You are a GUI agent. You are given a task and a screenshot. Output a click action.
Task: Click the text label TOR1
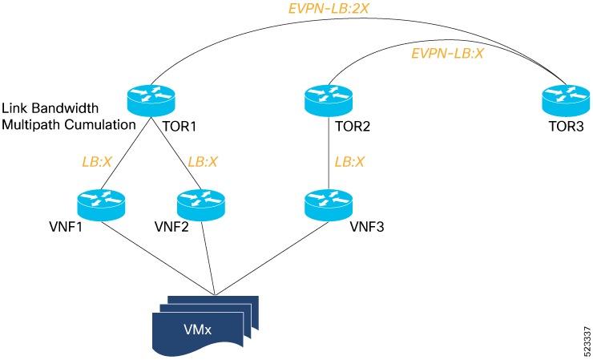click(x=180, y=127)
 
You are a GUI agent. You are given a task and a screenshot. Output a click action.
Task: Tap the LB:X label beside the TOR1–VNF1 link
click(x=97, y=160)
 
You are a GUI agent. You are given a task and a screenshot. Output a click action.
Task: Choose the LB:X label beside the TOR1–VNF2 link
click(x=203, y=160)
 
